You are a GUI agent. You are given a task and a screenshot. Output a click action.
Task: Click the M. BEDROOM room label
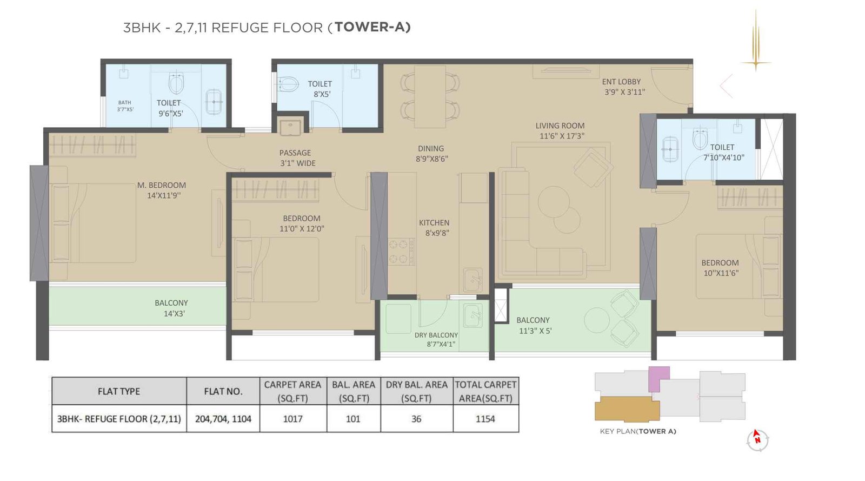coord(161,185)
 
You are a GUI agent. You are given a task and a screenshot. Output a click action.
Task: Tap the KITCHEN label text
coord(434,222)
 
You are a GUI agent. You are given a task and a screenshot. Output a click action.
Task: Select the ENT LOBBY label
coord(621,82)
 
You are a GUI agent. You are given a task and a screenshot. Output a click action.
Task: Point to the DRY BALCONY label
coord(436,335)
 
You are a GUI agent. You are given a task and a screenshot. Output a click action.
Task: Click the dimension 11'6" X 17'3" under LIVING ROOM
coord(562,136)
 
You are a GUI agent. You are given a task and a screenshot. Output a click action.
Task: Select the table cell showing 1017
coord(292,419)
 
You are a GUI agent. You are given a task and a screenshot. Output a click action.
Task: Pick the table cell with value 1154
coord(485,419)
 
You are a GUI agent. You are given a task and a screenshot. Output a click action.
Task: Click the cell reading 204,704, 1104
coord(223,419)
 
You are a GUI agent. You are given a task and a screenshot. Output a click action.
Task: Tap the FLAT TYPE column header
coord(118,391)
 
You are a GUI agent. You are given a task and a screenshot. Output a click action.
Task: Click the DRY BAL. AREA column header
coord(416,391)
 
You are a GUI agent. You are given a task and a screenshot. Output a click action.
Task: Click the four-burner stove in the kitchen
coord(401,252)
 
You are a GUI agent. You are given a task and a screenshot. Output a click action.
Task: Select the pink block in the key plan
coord(658,378)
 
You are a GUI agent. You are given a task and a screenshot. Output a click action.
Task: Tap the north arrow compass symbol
coord(757,439)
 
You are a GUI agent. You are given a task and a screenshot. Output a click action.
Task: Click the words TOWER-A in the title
coord(372,27)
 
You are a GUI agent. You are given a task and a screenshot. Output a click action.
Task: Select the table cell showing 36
coord(416,419)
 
